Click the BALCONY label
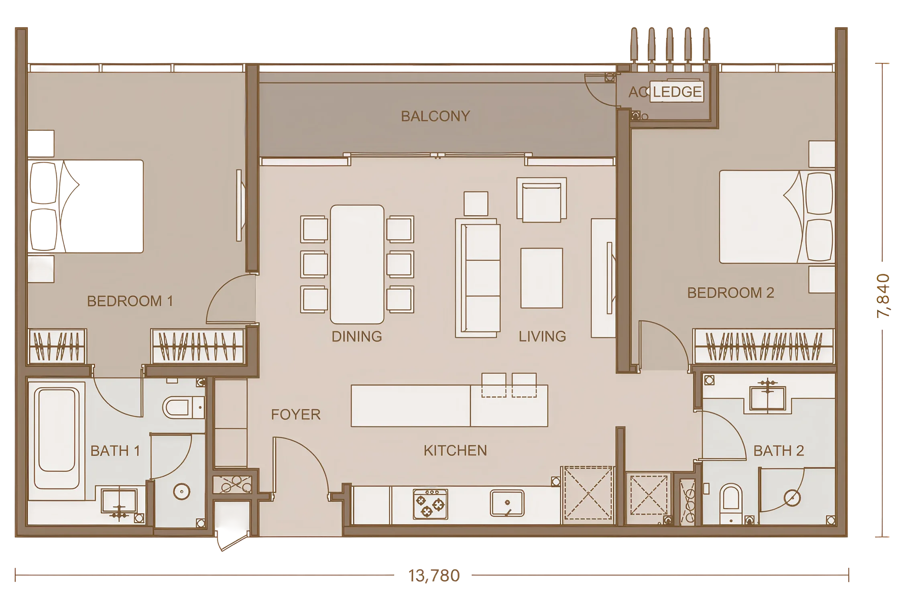[435, 116]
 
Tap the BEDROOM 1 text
[130, 301]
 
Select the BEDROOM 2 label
[731, 293]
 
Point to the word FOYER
[296, 415]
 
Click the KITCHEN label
[456, 451]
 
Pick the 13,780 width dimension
[434, 576]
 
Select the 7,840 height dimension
[883, 296]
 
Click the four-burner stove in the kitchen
[430, 504]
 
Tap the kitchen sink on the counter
[507, 503]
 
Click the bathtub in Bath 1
[57, 438]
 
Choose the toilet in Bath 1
[184, 408]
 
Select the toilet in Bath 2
[731, 503]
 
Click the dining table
[357, 264]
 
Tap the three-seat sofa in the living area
[478, 278]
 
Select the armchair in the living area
[542, 200]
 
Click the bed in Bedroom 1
[86, 206]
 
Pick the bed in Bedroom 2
[777, 217]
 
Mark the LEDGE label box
[677, 92]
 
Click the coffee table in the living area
[542, 278]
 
